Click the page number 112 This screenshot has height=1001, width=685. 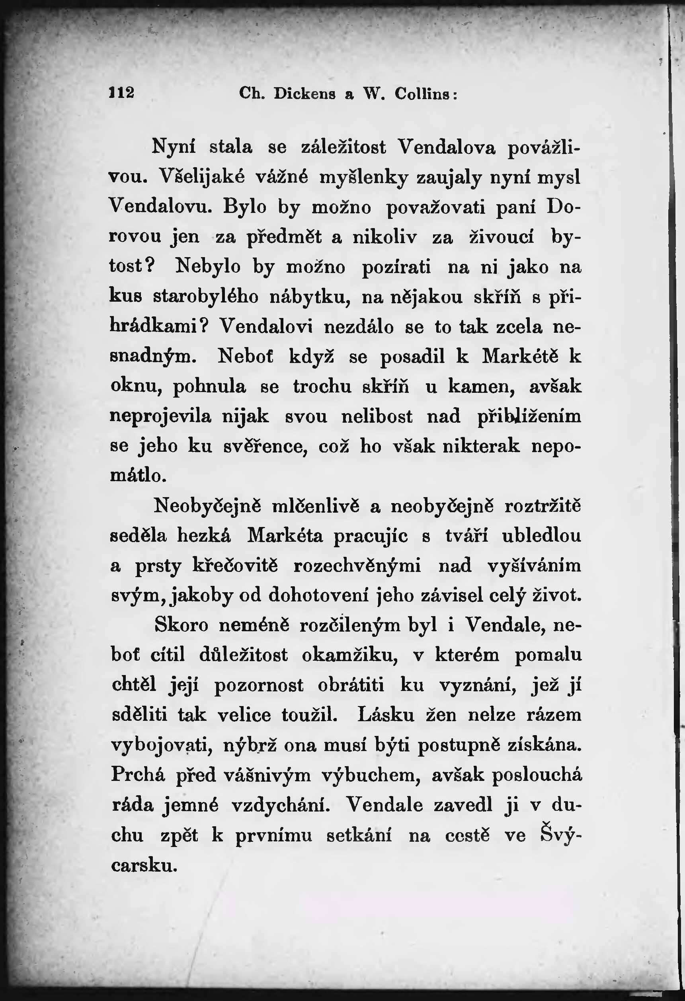click(x=121, y=93)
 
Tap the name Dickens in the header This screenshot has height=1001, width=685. click(x=304, y=94)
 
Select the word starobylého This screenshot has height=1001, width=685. click(x=206, y=297)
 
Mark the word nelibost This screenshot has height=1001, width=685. click(x=377, y=416)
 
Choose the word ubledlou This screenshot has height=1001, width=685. click(x=542, y=536)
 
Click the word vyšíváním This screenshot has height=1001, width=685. click(x=535, y=566)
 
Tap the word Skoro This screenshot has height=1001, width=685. click(x=181, y=625)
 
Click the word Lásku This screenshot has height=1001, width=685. click(x=386, y=714)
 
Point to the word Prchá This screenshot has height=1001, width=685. click(x=138, y=775)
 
